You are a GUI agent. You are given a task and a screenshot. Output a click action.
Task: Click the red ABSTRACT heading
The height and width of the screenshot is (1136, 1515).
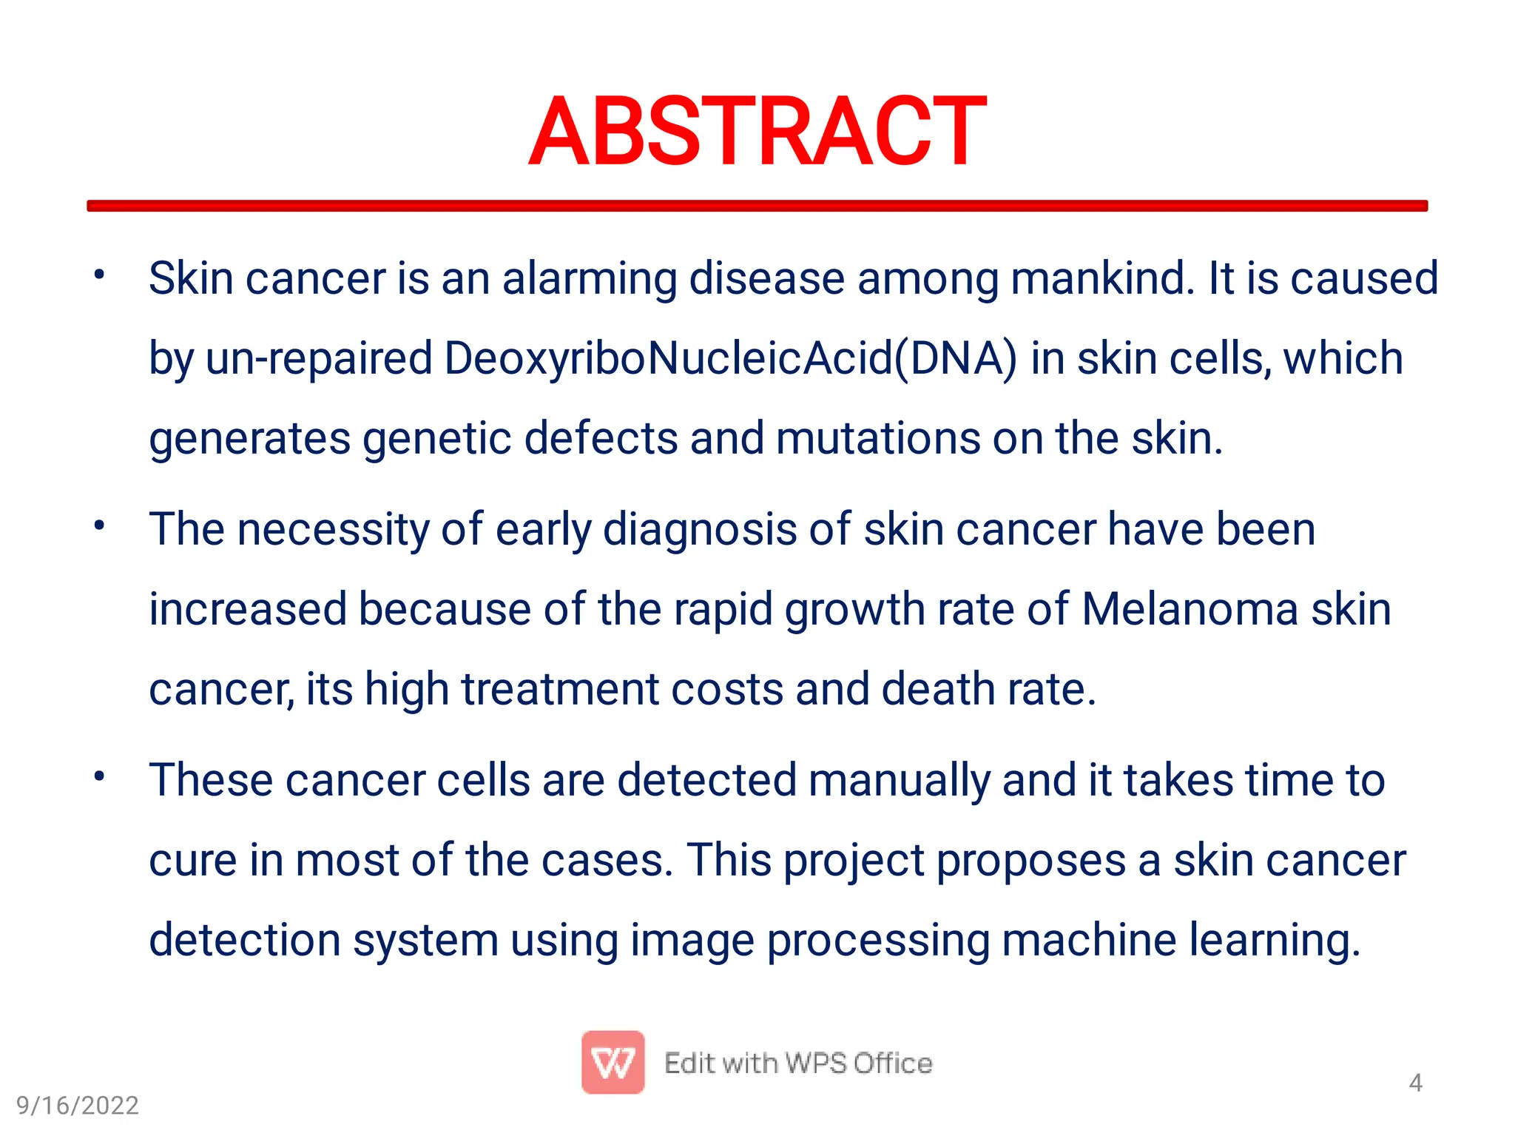(757, 132)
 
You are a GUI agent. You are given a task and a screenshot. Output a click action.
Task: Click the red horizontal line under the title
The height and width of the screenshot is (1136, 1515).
(757, 206)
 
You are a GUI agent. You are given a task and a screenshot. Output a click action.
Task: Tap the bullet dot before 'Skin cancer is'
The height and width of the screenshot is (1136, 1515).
(99, 275)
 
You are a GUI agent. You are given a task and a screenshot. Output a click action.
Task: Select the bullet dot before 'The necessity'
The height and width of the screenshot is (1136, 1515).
(99, 526)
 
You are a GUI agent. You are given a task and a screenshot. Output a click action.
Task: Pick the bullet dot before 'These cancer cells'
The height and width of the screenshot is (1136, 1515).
(99, 777)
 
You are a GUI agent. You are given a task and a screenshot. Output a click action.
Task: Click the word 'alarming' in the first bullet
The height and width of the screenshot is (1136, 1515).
(589, 279)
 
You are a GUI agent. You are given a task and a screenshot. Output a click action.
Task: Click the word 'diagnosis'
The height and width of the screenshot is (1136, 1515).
(700, 531)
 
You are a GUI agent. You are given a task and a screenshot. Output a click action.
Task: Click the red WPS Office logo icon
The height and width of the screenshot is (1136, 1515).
(613, 1062)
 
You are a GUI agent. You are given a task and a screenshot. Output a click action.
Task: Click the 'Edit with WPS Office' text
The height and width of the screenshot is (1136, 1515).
(798, 1063)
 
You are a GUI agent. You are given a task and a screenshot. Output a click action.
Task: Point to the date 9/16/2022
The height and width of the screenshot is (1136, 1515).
(78, 1106)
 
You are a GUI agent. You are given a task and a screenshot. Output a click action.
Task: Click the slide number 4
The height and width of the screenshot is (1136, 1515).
(1415, 1083)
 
